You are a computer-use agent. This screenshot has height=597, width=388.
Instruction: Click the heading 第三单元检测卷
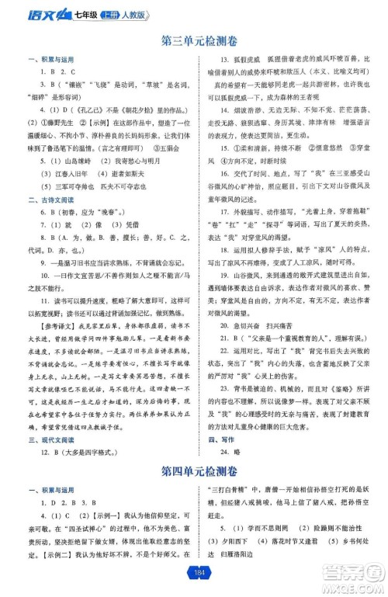click(x=194, y=40)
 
